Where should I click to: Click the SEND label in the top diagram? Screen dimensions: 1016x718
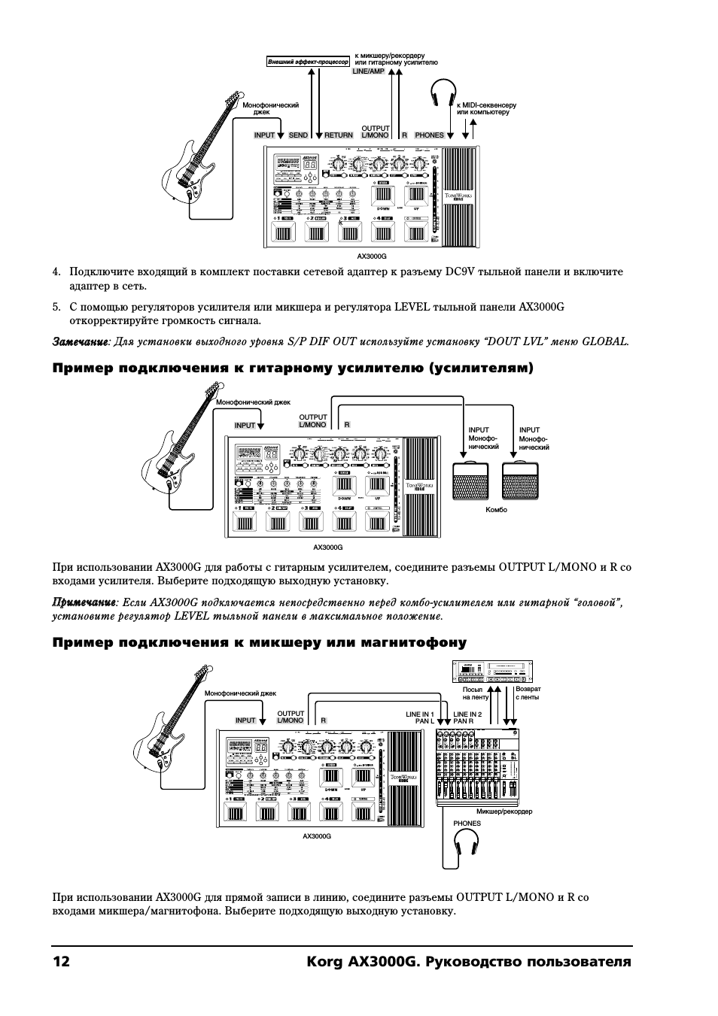[x=299, y=135]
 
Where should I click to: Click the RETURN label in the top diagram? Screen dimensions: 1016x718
[x=338, y=135]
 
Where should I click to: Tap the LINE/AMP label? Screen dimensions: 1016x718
[x=369, y=71]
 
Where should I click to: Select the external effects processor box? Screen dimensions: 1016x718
[x=308, y=62]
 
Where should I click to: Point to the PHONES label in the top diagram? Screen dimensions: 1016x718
[x=429, y=135]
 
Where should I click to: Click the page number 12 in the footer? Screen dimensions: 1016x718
[x=61, y=963]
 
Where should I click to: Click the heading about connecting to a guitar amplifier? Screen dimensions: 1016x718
[x=293, y=368]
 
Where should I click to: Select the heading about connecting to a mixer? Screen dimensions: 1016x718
[x=260, y=642]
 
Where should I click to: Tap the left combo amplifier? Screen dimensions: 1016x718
[x=470, y=481]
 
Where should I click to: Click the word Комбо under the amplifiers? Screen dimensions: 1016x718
[x=497, y=510]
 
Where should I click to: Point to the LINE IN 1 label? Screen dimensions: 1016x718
[x=421, y=714]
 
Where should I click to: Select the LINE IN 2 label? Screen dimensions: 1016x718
[x=467, y=714]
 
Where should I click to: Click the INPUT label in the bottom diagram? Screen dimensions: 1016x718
[x=245, y=720]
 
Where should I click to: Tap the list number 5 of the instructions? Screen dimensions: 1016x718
[x=56, y=307]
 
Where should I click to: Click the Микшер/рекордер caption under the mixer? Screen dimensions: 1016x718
[x=504, y=811]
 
